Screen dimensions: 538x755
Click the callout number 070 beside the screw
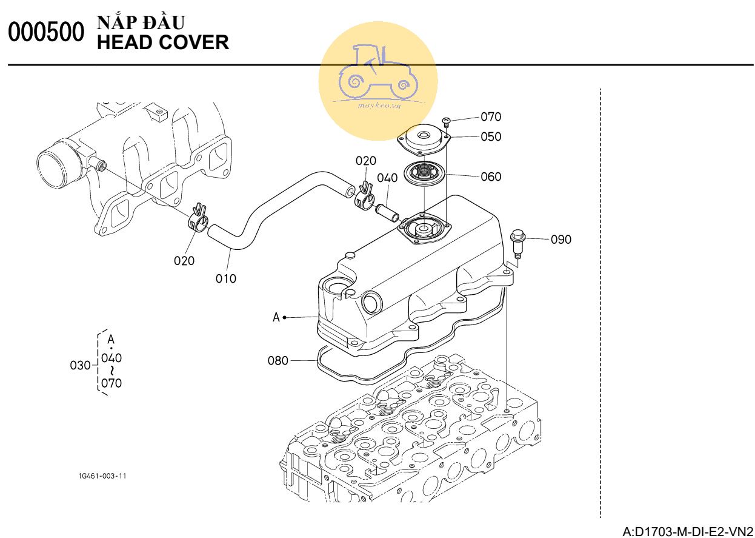pos(491,116)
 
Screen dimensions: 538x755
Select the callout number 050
pos(491,136)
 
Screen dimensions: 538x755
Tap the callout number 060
pos(491,177)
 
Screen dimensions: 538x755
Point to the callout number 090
pos(560,240)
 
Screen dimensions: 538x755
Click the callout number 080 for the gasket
pos(278,361)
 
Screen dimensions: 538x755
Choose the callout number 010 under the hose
pos(226,278)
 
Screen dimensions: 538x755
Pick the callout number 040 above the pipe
pos(387,178)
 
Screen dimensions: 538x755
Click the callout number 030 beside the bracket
pos(80,365)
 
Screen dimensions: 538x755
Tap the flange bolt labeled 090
pos(517,242)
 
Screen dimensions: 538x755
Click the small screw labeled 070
pos(447,121)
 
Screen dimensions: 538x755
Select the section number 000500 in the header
pos(45,33)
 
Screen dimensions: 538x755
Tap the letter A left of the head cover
pos(276,317)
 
